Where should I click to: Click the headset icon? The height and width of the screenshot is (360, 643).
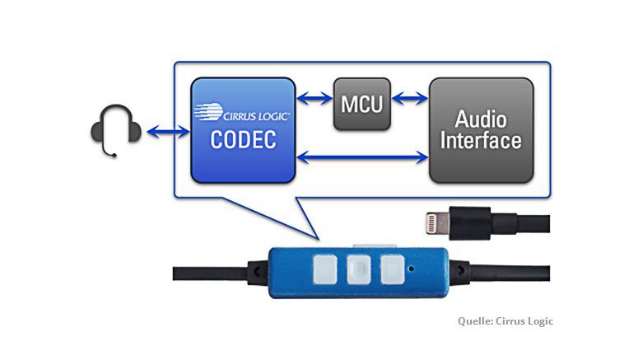pos(116,130)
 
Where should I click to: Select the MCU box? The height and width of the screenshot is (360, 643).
pos(361,104)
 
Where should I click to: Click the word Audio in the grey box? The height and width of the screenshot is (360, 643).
pos(480,119)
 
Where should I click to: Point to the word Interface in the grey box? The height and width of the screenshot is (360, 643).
pos(480,140)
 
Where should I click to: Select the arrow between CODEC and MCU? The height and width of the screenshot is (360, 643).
pos(314,100)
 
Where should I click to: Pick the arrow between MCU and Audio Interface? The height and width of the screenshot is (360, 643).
pos(410,100)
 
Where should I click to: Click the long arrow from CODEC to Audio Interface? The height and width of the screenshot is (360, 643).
pos(361,153)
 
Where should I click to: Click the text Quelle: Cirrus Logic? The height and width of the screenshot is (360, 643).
pos(506,320)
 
